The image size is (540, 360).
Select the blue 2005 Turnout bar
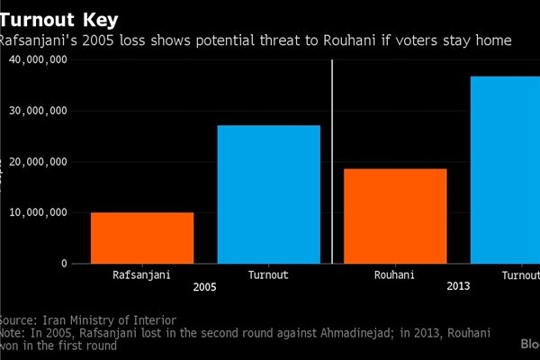tap(269, 193)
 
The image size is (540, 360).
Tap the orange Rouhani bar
tap(395, 216)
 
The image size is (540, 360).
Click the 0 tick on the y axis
tap(63, 264)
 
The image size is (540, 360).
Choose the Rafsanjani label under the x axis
tap(141, 274)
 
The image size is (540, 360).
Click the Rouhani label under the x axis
tap(394, 274)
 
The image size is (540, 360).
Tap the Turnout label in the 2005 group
tap(269, 274)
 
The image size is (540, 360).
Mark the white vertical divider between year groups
tap(333, 162)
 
